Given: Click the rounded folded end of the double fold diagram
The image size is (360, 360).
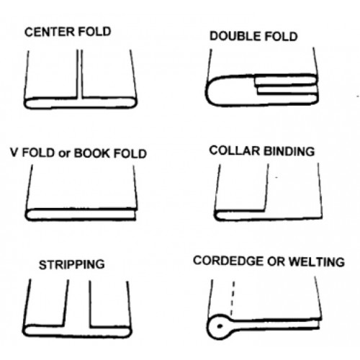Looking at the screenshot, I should pyautogui.click(x=211, y=92).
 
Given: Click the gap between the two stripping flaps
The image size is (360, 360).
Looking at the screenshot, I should pyautogui.click(x=78, y=302).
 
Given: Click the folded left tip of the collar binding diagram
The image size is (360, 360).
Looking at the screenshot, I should pyautogui.click(x=219, y=214).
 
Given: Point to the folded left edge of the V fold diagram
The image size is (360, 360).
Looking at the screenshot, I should pyautogui.click(x=29, y=214).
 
